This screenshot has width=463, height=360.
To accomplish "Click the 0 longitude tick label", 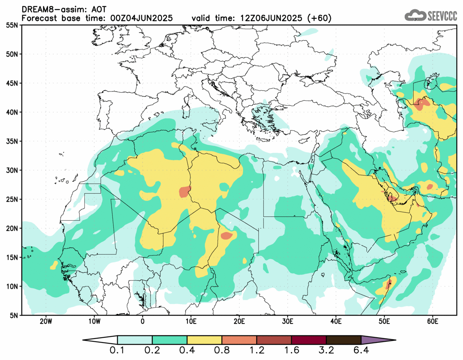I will pos(143,321).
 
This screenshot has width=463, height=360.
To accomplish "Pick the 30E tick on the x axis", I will pos(287,321).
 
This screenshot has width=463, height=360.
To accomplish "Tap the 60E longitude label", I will pos(432,321).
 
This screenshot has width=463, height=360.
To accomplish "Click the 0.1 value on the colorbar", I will pos(118,351).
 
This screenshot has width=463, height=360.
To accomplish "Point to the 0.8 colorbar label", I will pos(222,351).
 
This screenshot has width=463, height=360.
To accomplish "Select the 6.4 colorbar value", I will pos(361,351).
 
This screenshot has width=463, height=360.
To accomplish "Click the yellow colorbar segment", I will pos(205,340).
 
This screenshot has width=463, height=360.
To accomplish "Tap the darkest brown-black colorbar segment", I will pos(344,340).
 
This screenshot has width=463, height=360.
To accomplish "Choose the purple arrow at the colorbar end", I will pos(378,340).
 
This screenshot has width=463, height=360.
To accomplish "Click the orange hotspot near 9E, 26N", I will pos(185,191).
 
